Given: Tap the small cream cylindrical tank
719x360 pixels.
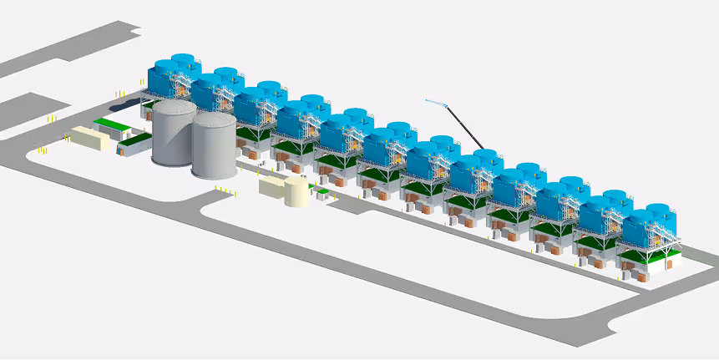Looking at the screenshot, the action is click(x=296, y=191).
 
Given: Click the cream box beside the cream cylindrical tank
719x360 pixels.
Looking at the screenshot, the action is click(x=272, y=185).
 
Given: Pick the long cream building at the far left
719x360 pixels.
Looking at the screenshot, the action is click(x=89, y=138).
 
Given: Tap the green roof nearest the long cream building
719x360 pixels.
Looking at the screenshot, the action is click(x=107, y=124).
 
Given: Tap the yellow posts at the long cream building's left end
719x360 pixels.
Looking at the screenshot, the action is click(x=42, y=150).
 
